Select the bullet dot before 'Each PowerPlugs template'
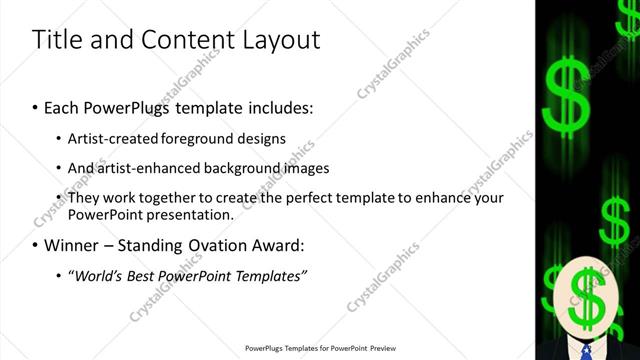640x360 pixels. (x=36, y=107)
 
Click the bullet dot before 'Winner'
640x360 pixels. (x=36, y=245)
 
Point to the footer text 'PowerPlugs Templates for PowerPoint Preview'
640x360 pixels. (x=321, y=349)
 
